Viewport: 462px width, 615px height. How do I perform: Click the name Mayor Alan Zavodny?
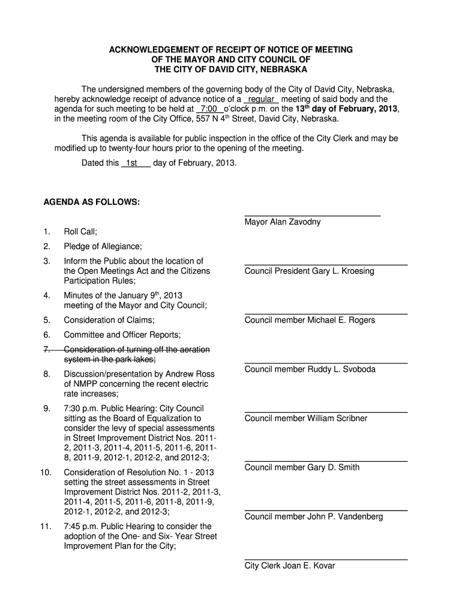pos(282,222)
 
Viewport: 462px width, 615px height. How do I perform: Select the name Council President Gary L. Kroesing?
pos(309,271)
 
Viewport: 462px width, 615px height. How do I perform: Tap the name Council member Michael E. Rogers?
pos(310,321)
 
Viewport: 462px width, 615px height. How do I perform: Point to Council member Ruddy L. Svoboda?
pos(310,369)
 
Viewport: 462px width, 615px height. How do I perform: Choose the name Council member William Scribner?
pos(306,419)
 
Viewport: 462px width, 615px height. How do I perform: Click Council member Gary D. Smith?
pos(302,467)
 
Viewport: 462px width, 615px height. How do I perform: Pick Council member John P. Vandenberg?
pos(313,517)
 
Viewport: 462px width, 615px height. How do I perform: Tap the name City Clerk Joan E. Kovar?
pos(290,566)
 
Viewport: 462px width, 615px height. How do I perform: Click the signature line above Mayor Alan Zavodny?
pos(312,215)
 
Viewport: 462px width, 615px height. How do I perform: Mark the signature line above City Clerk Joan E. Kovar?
pos(326,559)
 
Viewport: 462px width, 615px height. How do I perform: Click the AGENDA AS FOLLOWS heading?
pos(92,203)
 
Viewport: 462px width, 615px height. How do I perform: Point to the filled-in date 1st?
pos(131,163)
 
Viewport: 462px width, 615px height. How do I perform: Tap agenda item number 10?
pos(46,473)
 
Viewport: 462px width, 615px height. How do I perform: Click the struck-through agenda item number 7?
pos(46,350)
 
